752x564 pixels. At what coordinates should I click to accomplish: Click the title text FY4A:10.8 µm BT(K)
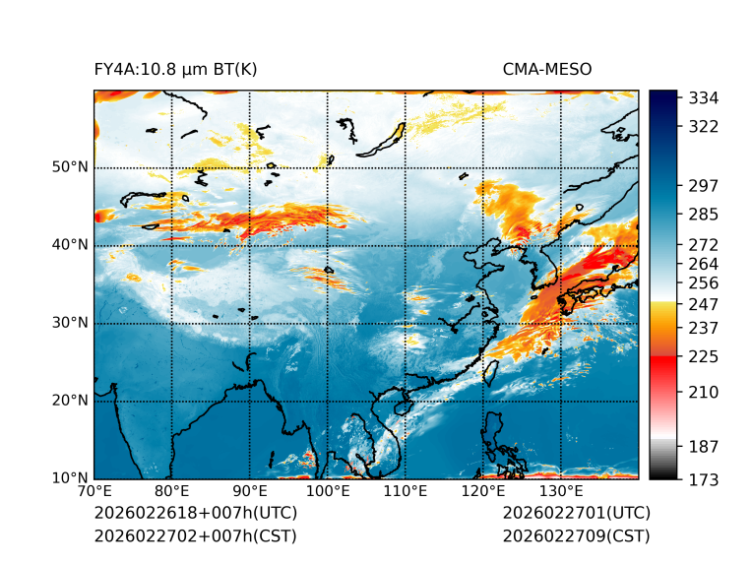tap(175, 70)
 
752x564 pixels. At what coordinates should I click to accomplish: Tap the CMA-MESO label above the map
tap(547, 70)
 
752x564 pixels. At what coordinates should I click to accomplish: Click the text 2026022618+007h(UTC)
tap(195, 514)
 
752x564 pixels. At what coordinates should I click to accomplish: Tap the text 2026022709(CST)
tap(576, 536)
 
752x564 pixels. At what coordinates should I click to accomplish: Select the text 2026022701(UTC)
tap(576, 514)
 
